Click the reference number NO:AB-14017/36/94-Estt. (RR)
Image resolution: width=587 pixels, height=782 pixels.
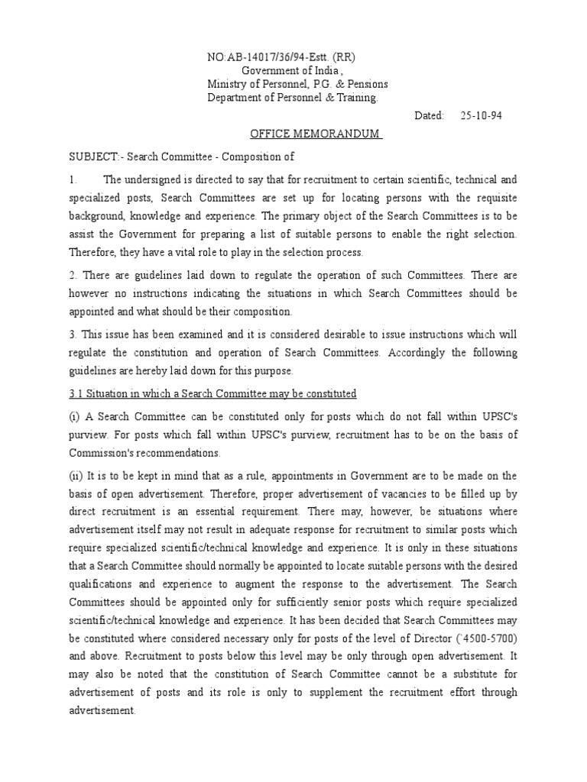click(x=281, y=57)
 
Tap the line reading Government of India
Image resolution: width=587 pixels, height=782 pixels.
click(x=280, y=70)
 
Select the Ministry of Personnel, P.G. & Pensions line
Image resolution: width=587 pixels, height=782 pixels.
click(x=297, y=84)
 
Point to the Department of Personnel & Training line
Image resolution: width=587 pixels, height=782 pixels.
click(x=292, y=98)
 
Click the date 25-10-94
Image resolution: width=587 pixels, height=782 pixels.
click(x=482, y=115)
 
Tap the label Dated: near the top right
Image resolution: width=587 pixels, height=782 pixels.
click(x=429, y=115)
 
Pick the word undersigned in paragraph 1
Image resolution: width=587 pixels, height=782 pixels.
click(x=152, y=179)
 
